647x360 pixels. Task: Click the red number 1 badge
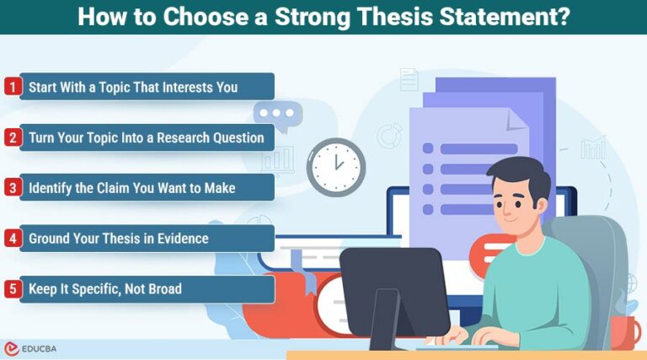[x=12, y=86]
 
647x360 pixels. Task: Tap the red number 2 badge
[x=12, y=137]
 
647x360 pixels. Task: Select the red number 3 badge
[x=12, y=187]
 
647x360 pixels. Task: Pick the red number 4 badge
[x=12, y=239]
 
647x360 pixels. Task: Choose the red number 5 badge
[x=12, y=289]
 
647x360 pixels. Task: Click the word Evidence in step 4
[x=179, y=239]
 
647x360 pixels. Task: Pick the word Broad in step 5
[x=163, y=289]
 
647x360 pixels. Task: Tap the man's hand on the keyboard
[x=460, y=336]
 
